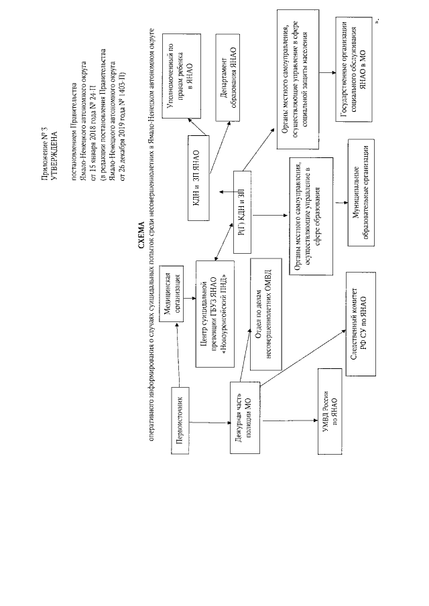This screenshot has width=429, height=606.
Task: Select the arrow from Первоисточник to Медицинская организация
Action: pos(176,355)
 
